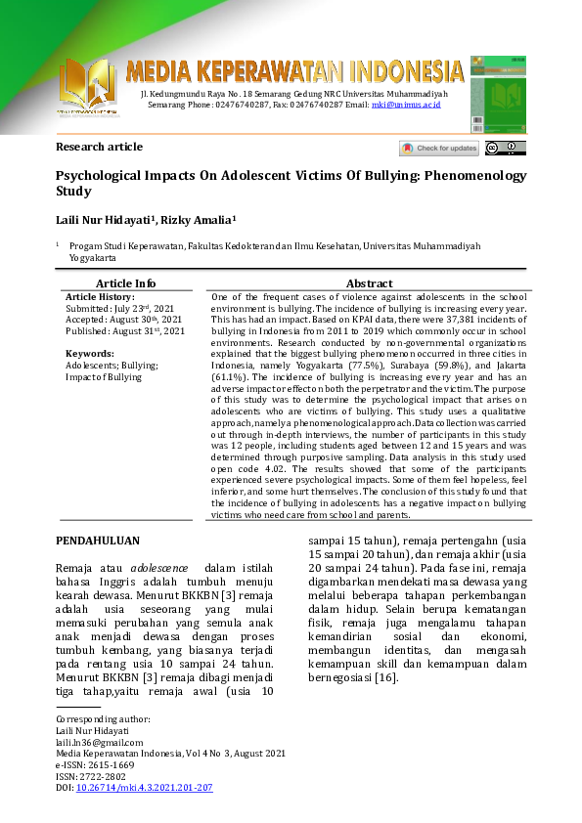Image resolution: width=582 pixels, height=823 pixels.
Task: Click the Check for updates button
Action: (439, 149)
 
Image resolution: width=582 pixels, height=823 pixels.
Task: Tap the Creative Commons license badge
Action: (505, 149)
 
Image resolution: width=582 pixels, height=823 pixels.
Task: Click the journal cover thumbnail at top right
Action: (498, 92)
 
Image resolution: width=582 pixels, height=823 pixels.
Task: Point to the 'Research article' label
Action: (99, 148)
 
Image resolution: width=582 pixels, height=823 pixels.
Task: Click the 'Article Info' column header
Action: (125, 283)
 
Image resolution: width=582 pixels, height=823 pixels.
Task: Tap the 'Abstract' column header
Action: (369, 283)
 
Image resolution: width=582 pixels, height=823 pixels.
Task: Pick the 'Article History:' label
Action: (100, 296)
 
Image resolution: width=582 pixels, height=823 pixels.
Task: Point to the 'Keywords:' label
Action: (89, 353)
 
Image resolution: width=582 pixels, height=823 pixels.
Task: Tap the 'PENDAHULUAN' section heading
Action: (98, 541)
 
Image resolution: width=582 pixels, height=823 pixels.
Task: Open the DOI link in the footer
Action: (144, 786)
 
